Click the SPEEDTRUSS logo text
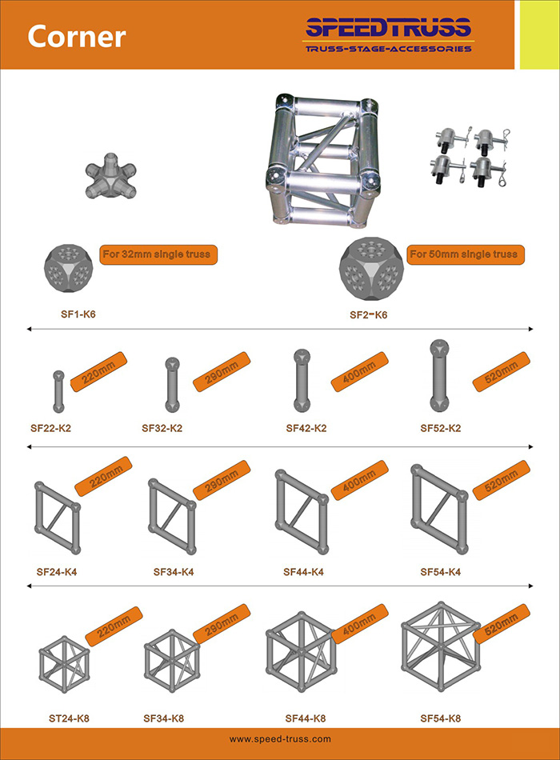click(388, 28)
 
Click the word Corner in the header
click(77, 36)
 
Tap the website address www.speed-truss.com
click(280, 739)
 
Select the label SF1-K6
click(78, 314)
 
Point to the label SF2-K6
click(369, 315)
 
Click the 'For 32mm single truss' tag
click(158, 254)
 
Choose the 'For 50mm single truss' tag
click(466, 254)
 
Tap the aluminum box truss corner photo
click(323, 161)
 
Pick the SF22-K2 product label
click(50, 428)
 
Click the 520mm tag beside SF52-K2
click(502, 371)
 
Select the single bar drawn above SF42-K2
click(302, 381)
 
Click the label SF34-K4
click(174, 572)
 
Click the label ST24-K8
click(69, 718)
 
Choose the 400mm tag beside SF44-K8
click(359, 624)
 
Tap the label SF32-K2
click(162, 428)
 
